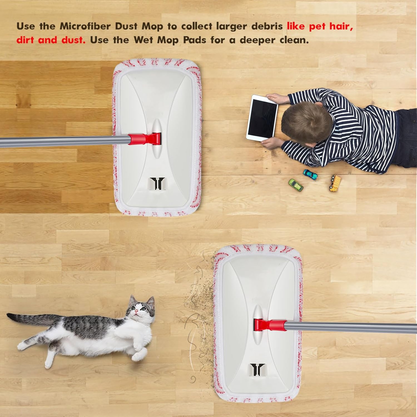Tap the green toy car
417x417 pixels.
tap(296, 185)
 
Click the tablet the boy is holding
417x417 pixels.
tap(262, 117)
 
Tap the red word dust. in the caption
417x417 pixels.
tap(73, 40)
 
